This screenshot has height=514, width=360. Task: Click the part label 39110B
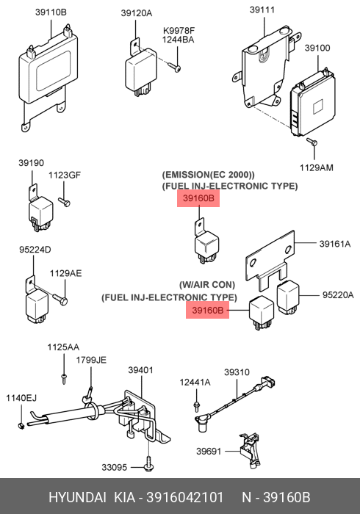[51, 12]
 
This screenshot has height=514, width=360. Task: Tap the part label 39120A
[137, 13]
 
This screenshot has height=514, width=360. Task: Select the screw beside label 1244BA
[174, 68]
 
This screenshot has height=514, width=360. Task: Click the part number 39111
[262, 10]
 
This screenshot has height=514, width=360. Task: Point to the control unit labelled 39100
[313, 104]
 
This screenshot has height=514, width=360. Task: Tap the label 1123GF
[65, 175]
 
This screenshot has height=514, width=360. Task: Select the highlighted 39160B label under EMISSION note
[198, 198]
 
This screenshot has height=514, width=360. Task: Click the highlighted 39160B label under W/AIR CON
[207, 310]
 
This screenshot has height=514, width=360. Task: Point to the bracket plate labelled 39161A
[270, 260]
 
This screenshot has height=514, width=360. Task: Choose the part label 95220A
[338, 295]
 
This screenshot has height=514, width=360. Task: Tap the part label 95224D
[35, 250]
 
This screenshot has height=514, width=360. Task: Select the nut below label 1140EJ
[21, 426]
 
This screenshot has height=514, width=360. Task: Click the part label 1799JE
[91, 360]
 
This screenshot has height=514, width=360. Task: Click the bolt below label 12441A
[196, 406]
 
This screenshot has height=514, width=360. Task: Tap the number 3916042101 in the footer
[184, 497]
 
